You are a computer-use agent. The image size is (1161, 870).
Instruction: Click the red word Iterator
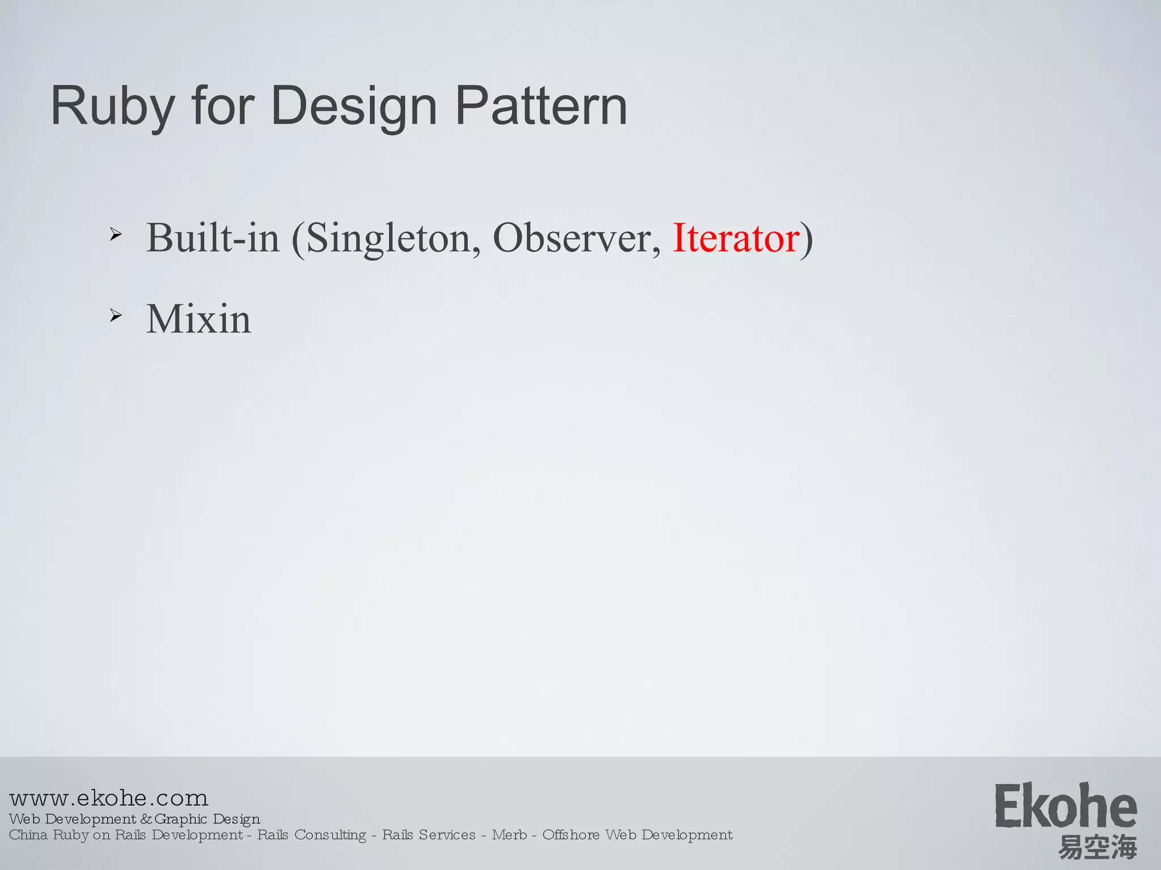(736, 238)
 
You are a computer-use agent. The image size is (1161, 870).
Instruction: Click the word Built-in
(213, 238)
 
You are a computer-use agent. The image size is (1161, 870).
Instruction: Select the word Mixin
(198, 319)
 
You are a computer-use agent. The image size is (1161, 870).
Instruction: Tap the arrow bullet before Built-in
(116, 234)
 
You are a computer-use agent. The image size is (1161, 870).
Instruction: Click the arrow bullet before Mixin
(116, 315)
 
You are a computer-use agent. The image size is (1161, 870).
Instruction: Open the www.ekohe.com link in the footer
(109, 798)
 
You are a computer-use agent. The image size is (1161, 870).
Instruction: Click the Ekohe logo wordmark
(1065, 807)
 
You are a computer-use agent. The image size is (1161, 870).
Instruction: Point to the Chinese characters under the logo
(1098, 847)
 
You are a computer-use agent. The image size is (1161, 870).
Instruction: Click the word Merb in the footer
(509, 835)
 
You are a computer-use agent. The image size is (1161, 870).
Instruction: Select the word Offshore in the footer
(571, 835)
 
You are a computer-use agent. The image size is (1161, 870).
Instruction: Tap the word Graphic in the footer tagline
(181, 819)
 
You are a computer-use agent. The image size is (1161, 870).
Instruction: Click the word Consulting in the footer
(330, 835)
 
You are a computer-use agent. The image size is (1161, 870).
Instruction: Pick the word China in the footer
(28, 835)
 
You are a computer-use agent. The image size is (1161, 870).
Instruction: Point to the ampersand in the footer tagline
(146, 820)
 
